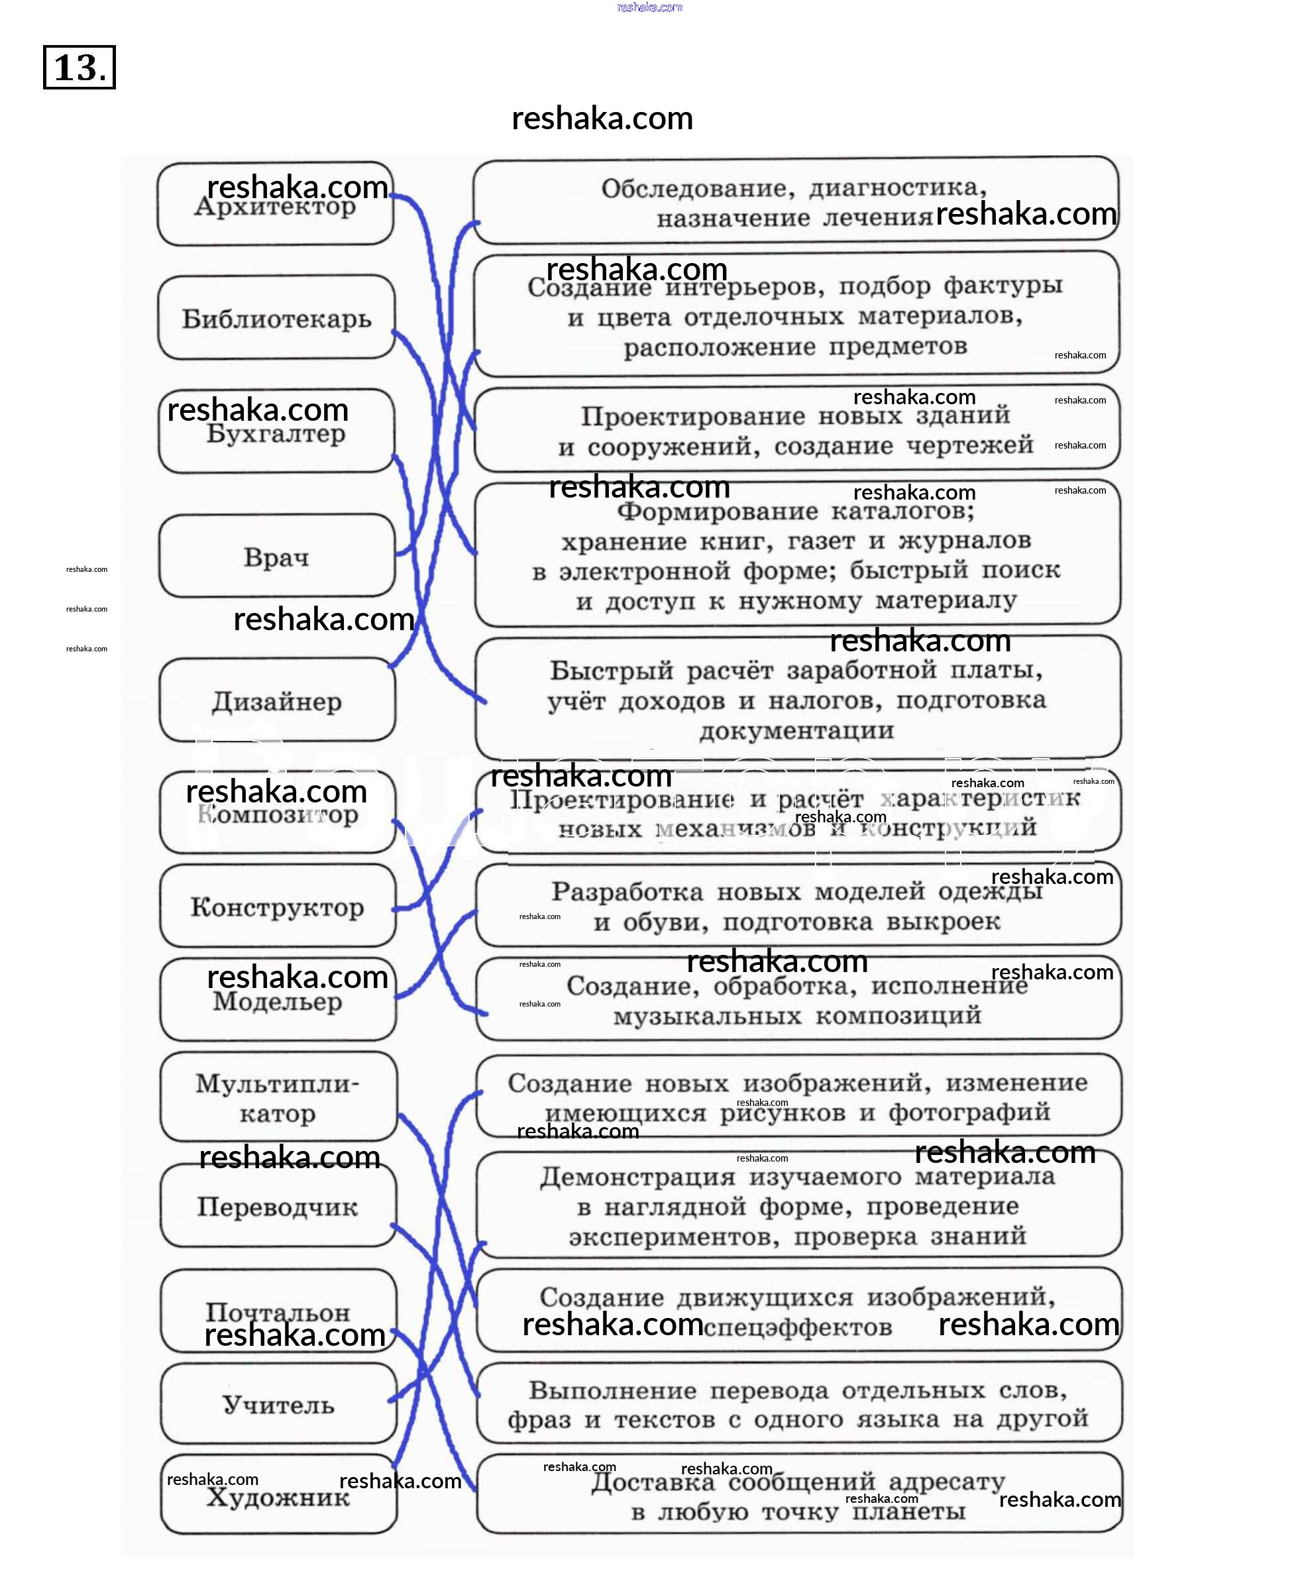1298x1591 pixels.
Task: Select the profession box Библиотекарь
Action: (276, 319)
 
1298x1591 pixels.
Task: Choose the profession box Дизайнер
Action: (276, 701)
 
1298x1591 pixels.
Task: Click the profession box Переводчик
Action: (278, 1207)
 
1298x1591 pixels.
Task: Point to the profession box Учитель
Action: (278, 1405)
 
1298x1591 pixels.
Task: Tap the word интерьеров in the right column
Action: (744, 286)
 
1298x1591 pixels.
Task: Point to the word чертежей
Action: (970, 445)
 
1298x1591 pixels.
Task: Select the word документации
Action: (796, 730)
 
